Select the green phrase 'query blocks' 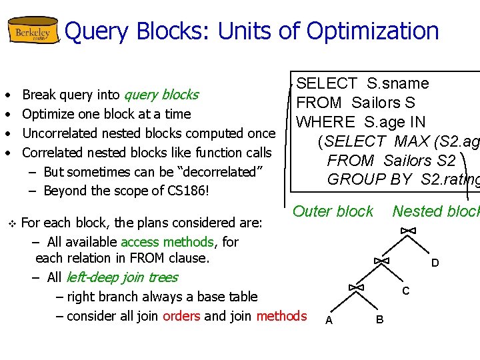[x=161, y=95]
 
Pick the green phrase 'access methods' [x=167, y=242]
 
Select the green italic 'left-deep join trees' [x=121, y=277]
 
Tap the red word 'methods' [x=281, y=316]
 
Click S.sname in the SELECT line [x=398, y=83]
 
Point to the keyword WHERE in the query [x=326, y=122]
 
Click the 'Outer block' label [x=333, y=211]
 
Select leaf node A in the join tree [x=329, y=321]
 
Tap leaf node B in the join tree [x=379, y=320]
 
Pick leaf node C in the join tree [x=405, y=291]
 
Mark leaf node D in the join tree [x=435, y=263]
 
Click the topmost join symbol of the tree [x=408, y=231]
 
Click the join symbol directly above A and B [x=356, y=287]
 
